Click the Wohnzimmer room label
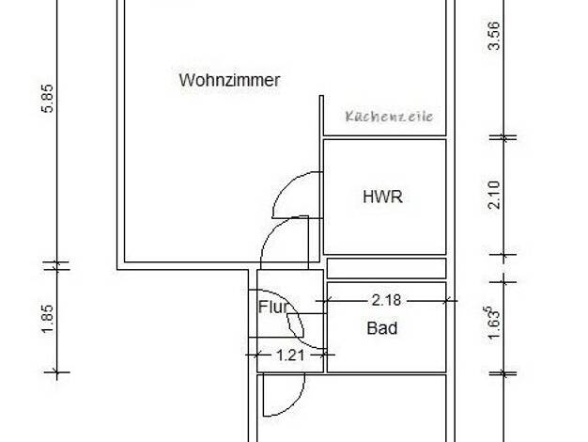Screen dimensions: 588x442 point(229,80)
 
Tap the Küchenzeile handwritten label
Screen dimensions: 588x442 point(389,117)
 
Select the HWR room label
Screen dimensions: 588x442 point(382,197)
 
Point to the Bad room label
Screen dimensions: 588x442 point(382,328)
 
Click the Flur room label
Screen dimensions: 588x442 point(273,308)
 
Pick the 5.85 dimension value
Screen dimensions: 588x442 point(48,99)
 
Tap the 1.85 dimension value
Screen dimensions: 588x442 point(48,319)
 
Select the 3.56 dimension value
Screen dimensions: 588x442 point(494,36)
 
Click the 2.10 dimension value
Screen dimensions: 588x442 point(495,195)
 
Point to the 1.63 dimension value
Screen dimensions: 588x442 point(494,323)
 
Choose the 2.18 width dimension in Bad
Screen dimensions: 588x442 point(386,300)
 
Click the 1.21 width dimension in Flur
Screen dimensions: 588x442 point(290,355)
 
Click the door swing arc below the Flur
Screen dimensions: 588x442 point(294,404)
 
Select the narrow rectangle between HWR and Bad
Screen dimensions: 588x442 point(387,269)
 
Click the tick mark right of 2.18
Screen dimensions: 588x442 point(446,301)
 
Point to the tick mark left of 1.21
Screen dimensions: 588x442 point(256,355)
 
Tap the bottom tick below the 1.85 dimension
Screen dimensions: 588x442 point(57,372)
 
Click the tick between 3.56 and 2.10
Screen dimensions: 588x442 point(503,138)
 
